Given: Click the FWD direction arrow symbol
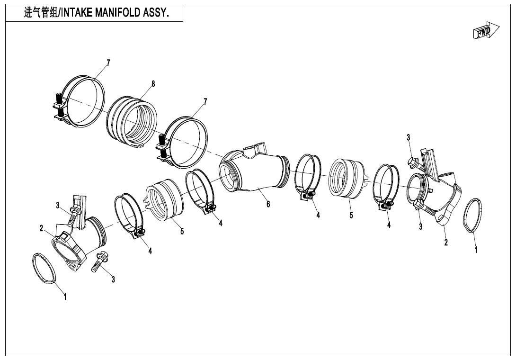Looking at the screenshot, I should click(486, 31).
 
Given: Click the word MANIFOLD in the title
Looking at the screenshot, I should click(118, 13).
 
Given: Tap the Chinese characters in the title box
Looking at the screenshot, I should click(40, 13).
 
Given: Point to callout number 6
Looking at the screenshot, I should click(268, 204).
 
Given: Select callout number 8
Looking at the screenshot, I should click(153, 84).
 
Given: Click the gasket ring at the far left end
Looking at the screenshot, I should click(45, 270).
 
